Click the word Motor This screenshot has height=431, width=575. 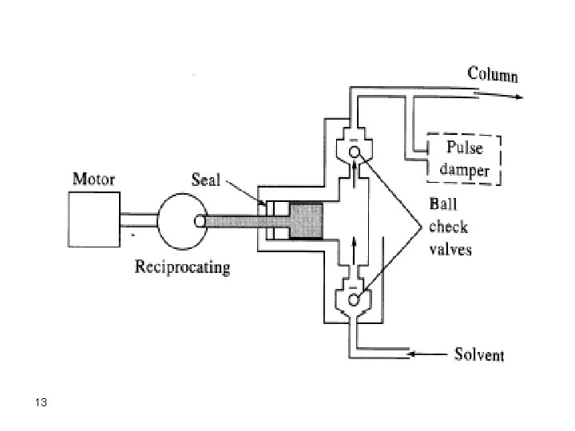[x=95, y=179]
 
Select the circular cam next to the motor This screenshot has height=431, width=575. [x=182, y=219]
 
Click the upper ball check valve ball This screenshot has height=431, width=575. [x=354, y=152]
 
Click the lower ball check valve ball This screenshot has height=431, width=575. [x=354, y=299]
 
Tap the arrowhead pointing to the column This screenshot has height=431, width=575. [x=518, y=97]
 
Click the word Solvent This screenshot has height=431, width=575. [x=479, y=354]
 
